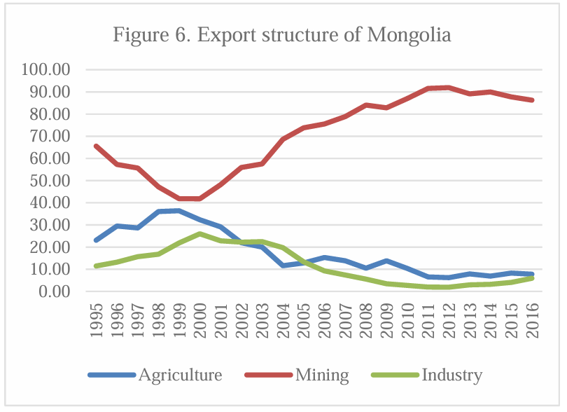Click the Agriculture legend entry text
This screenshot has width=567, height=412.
[x=180, y=375]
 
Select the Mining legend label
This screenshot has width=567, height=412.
[x=322, y=375]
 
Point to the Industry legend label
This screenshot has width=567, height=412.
[x=451, y=375]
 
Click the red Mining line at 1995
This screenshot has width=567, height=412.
[x=96, y=146]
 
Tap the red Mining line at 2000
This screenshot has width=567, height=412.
[x=200, y=199]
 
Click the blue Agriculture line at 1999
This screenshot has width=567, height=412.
[x=179, y=210]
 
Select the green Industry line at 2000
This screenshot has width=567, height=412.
[x=200, y=234]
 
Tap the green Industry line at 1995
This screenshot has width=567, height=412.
[x=96, y=266]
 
